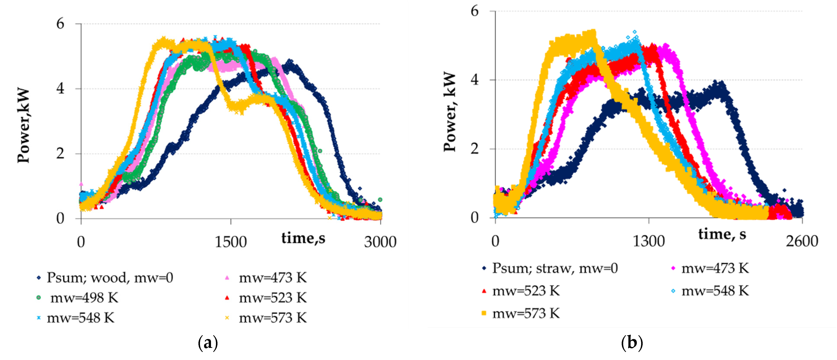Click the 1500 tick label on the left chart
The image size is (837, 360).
[231, 242]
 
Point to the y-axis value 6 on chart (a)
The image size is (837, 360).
[61, 24]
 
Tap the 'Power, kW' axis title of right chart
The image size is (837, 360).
[450, 112]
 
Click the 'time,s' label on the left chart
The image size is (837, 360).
[303, 238]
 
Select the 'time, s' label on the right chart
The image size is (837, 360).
[722, 234]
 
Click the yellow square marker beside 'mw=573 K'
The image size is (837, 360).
[484, 314]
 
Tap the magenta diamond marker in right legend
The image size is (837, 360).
[673, 268]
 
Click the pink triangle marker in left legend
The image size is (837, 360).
[227, 278]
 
